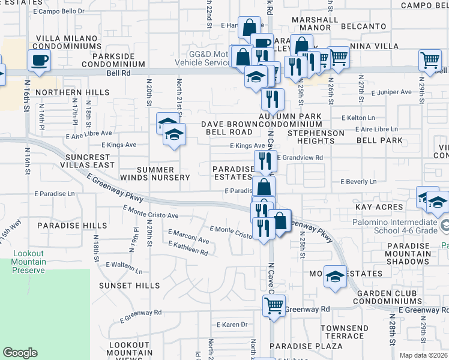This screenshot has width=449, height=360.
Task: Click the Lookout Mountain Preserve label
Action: click(28, 262)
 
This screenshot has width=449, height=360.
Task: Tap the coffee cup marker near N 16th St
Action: click(39, 60)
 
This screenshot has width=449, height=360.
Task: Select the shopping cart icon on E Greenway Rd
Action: click(274, 305)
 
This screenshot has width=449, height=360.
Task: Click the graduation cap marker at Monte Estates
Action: click(336, 276)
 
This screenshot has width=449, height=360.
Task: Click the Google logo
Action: click(20, 353)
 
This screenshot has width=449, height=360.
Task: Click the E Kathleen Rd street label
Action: click(188, 248)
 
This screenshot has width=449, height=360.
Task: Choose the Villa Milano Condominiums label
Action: click(69, 42)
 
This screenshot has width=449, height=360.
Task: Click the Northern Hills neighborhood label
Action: click(72, 92)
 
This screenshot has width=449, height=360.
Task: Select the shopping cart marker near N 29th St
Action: click(430, 60)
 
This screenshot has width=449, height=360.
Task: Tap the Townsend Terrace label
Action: click(345, 332)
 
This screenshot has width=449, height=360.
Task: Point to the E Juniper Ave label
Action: click(391, 92)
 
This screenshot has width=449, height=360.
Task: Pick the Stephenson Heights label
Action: click(316, 137)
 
